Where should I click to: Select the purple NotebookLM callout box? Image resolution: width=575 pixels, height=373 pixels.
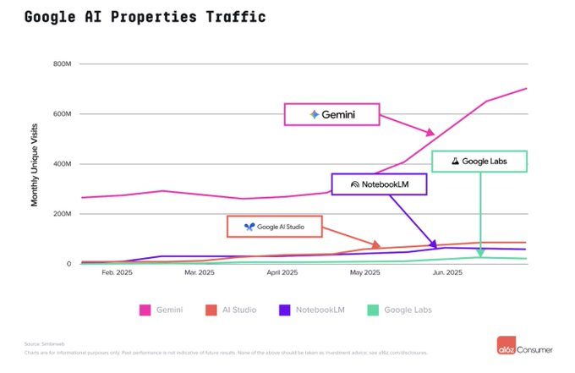click(x=379, y=184)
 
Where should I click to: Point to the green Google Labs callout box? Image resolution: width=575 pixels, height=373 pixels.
click(x=479, y=161)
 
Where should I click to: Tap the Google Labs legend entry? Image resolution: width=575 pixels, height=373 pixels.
click(x=402, y=310)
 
